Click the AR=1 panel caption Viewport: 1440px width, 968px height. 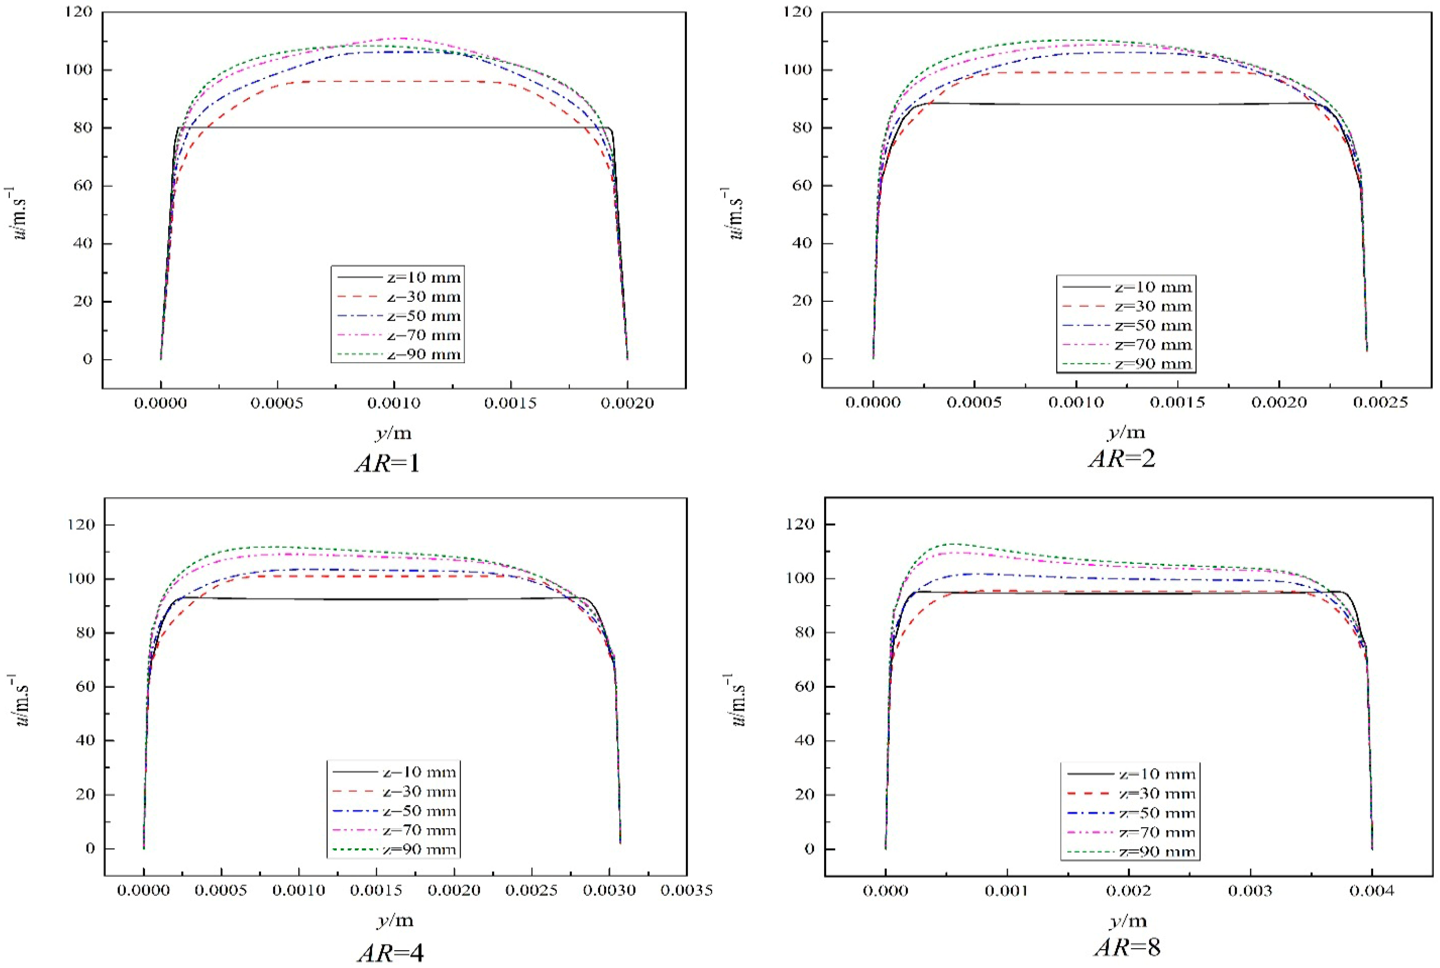tap(388, 463)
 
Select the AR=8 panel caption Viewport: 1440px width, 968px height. tap(1128, 947)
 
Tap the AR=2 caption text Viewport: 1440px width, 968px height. tap(1122, 459)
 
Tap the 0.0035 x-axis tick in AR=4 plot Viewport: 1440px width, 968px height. tap(686, 890)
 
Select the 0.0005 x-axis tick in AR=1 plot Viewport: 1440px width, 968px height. tap(277, 403)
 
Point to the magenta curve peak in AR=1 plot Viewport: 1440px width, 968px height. tap(403, 38)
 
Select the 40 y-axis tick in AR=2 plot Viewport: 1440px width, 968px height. tap(803, 243)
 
